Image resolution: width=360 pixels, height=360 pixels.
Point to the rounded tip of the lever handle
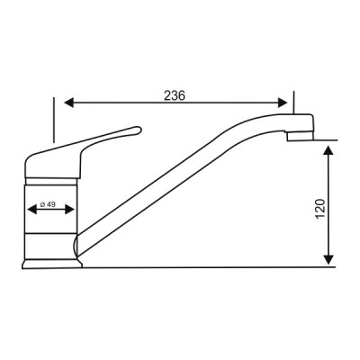click(x=137, y=131)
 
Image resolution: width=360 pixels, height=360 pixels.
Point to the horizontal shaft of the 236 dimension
click(x=135, y=102)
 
